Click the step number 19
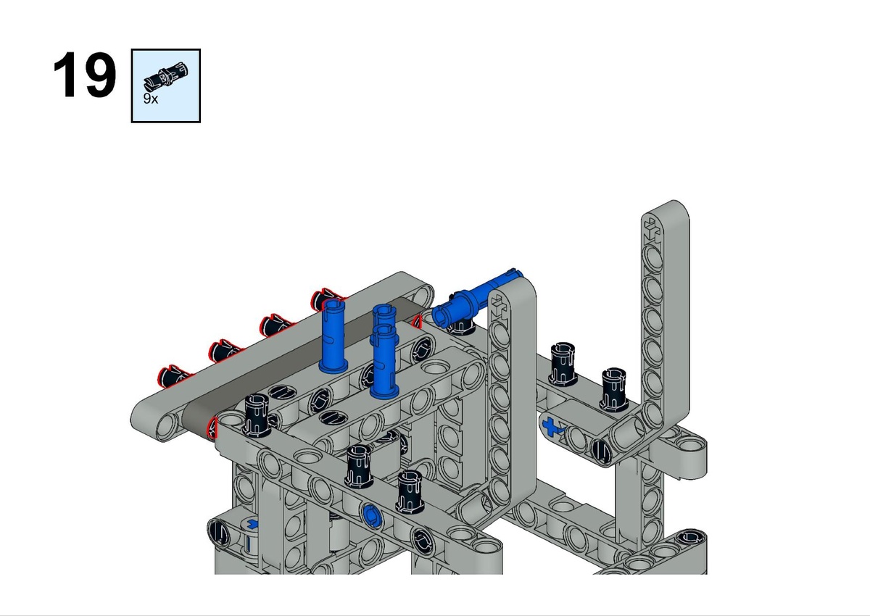click(84, 75)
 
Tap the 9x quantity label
click(151, 99)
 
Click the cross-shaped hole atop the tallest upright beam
click(652, 230)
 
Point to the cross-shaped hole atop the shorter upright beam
click(499, 306)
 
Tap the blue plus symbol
click(550, 426)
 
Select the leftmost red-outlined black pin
click(173, 375)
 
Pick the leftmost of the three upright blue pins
click(333, 336)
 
